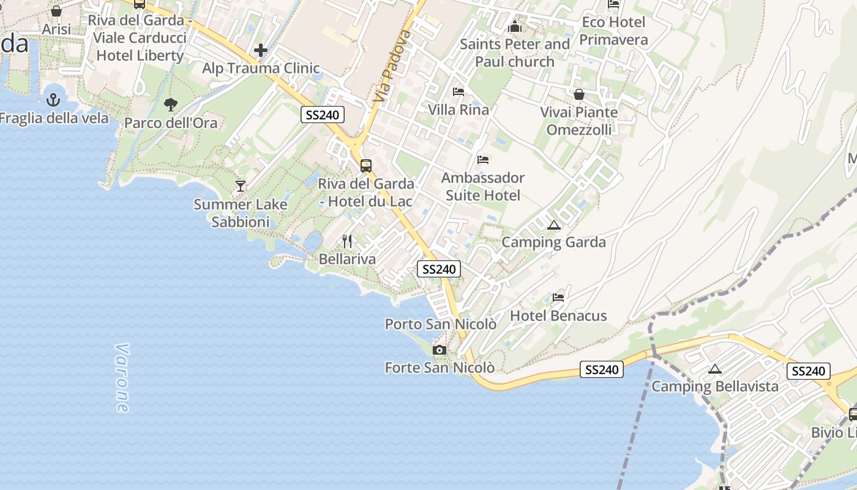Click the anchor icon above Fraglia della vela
tap(54, 99)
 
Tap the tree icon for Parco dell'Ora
tap(171, 104)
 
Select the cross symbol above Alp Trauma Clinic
tap(261, 50)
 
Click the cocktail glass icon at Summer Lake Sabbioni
tap(241, 186)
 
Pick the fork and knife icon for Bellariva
tap(347, 241)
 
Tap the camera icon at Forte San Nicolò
tap(439, 350)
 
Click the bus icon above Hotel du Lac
tap(365, 165)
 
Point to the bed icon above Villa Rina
tap(458, 92)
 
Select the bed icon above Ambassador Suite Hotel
tap(483, 160)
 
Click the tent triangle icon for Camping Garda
tap(554, 225)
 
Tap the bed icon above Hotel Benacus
tap(558, 298)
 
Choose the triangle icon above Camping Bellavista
tap(714, 369)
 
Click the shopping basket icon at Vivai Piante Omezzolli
tap(578, 94)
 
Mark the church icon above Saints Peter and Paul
tap(515, 26)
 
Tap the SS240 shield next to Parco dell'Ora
tap(323, 115)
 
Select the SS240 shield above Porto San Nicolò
tap(438, 269)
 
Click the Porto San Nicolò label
tap(440, 324)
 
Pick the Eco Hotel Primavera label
tap(613, 31)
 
